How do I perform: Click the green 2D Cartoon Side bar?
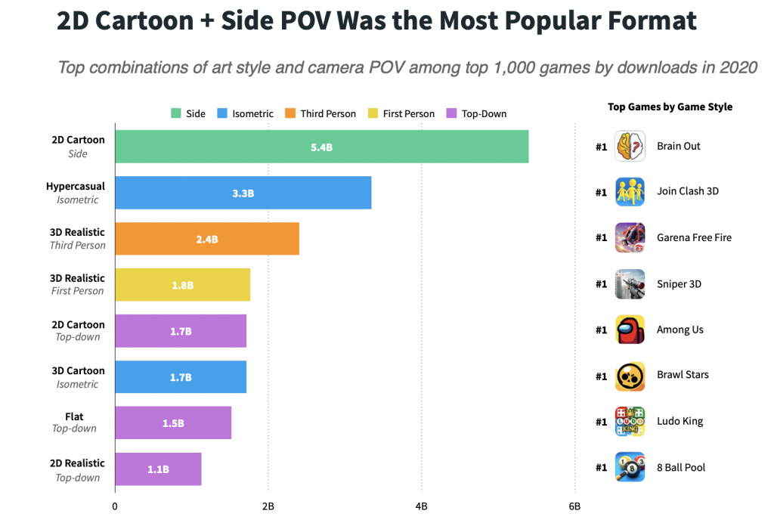321,147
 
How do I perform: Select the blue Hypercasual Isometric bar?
243,193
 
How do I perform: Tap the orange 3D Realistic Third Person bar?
206,239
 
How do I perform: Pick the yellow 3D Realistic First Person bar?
182,285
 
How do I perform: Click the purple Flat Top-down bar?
173,422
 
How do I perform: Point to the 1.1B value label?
158,469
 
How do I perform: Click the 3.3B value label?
243,193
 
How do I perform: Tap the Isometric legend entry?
245,113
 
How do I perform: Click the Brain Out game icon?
630,146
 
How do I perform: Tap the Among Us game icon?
630,330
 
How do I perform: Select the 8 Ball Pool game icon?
630,467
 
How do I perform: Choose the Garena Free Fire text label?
694,237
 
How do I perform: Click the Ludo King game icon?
630,421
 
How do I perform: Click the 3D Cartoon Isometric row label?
77,377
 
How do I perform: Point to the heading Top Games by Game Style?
670,107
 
